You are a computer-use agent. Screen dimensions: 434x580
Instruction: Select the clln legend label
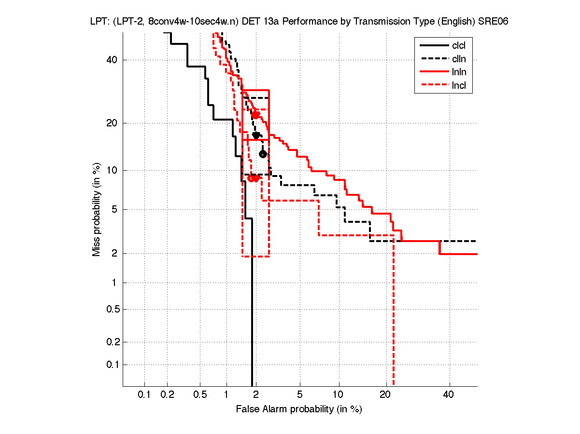click(x=459, y=59)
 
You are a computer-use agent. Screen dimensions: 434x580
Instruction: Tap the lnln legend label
click(x=459, y=72)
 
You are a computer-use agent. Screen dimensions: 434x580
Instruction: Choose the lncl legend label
click(x=459, y=86)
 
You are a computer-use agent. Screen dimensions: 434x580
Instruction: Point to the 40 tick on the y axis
click(x=112, y=60)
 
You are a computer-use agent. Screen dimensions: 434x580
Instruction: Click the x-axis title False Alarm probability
click(x=298, y=409)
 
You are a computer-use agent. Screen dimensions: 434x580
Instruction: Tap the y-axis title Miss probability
click(x=97, y=209)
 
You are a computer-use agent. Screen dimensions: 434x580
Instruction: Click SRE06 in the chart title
click(x=493, y=22)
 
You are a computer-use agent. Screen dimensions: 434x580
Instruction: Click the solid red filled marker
click(x=255, y=115)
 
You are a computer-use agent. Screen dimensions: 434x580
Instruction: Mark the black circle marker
click(x=263, y=154)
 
